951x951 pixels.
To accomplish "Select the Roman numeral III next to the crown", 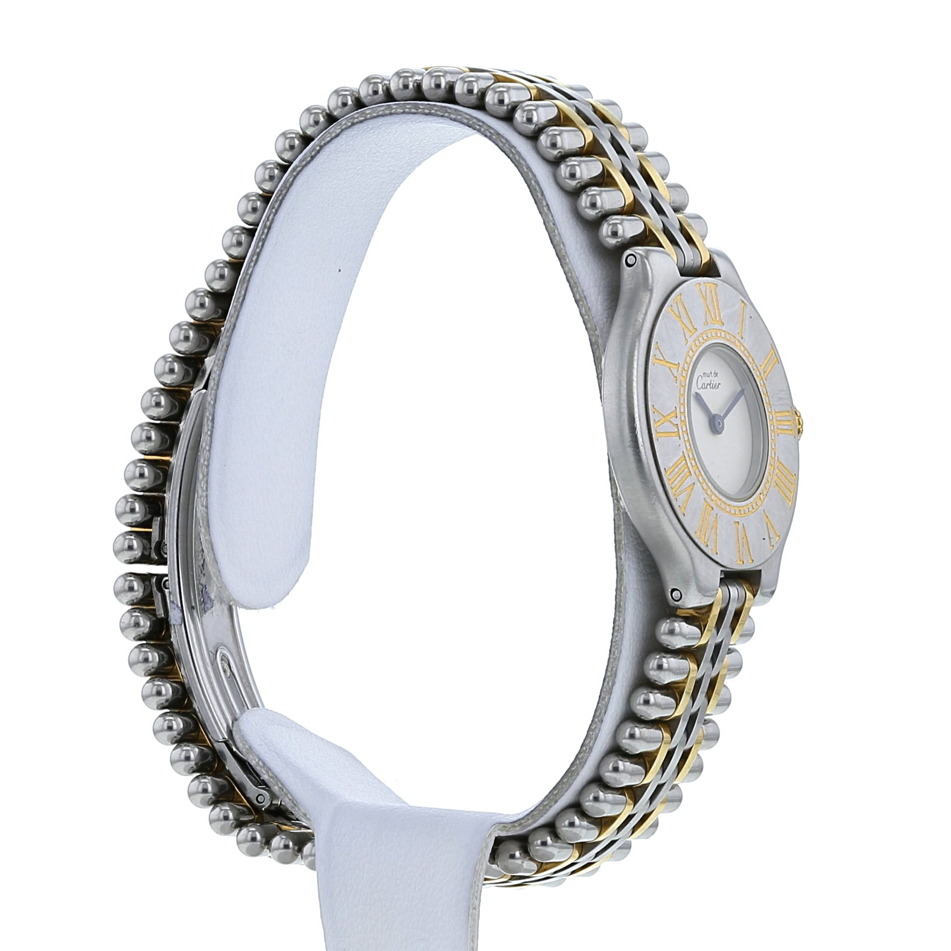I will click(782, 422).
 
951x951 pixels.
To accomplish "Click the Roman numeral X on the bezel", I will click(665, 362).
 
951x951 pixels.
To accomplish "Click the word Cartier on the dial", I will click(708, 384).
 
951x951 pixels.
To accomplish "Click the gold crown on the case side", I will click(799, 423).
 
